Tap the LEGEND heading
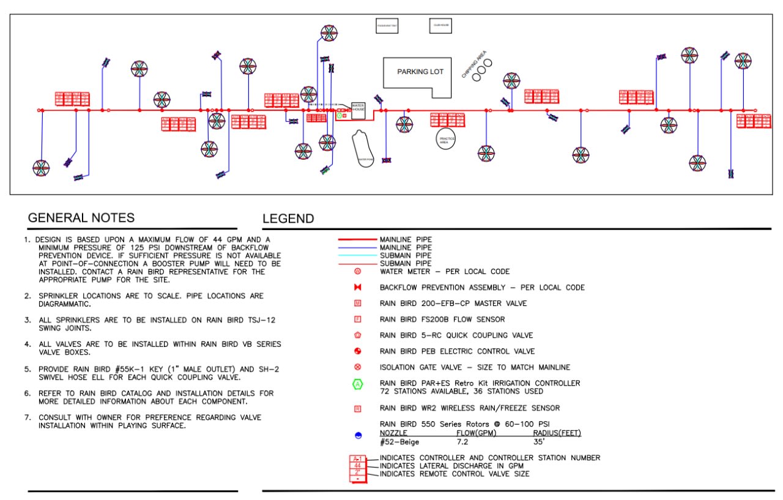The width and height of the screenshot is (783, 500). (x=288, y=218)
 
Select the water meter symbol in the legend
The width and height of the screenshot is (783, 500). (x=358, y=271)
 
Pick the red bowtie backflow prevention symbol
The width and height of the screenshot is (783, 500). (x=358, y=287)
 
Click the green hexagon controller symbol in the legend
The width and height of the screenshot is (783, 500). (x=358, y=384)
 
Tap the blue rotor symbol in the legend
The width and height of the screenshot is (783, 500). (x=358, y=435)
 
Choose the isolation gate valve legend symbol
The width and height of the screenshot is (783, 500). (x=358, y=367)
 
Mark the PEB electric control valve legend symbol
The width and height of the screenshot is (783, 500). (x=358, y=351)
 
